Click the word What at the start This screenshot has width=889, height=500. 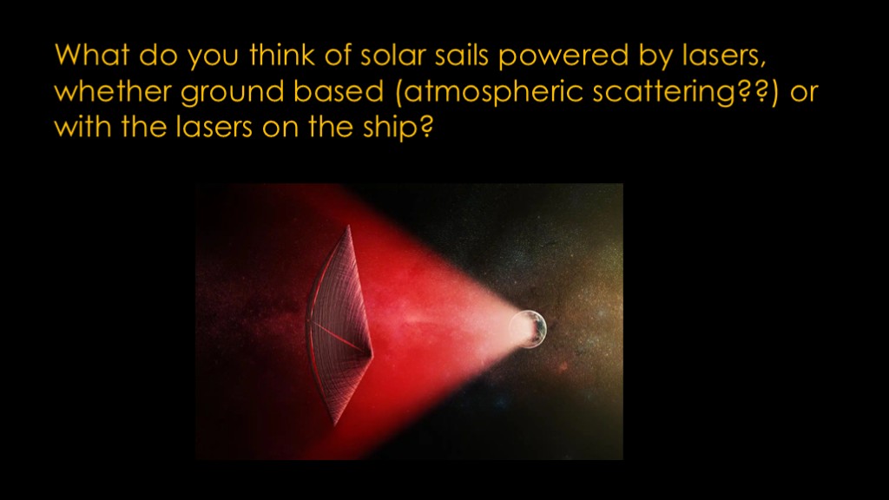92,55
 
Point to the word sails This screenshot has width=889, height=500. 462,55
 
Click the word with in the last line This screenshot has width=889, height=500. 82,127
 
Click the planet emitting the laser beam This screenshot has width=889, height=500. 528,329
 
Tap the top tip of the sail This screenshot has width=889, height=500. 348,226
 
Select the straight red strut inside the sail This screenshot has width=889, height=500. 339,338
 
